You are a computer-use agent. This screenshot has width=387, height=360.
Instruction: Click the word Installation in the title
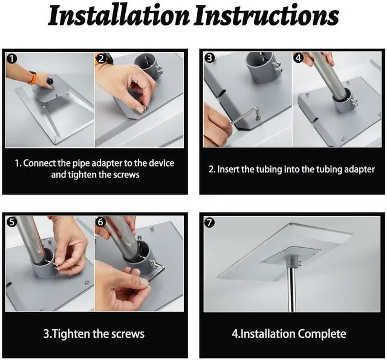pos(119,16)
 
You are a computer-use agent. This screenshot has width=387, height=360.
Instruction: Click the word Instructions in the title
pos(266,16)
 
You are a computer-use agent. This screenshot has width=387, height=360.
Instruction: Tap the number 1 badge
pos(11,59)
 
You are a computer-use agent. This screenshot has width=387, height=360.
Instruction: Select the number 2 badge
pos(101,59)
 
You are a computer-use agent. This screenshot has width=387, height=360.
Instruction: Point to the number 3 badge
pos(210,58)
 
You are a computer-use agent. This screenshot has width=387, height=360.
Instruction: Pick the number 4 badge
pos(298,58)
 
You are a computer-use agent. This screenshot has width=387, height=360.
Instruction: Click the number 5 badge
pos(11,222)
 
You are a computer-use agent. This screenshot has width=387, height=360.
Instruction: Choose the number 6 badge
pos(100,222)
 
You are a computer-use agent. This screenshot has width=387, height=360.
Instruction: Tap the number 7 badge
pos(210,223)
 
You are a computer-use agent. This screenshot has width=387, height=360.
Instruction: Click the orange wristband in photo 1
pos(33,77)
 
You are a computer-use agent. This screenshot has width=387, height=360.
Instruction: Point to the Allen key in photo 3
pos(246,115)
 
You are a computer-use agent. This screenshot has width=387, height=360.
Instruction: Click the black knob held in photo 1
pos(50,81)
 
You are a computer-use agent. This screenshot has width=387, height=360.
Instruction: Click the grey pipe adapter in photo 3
pos(262,66)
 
